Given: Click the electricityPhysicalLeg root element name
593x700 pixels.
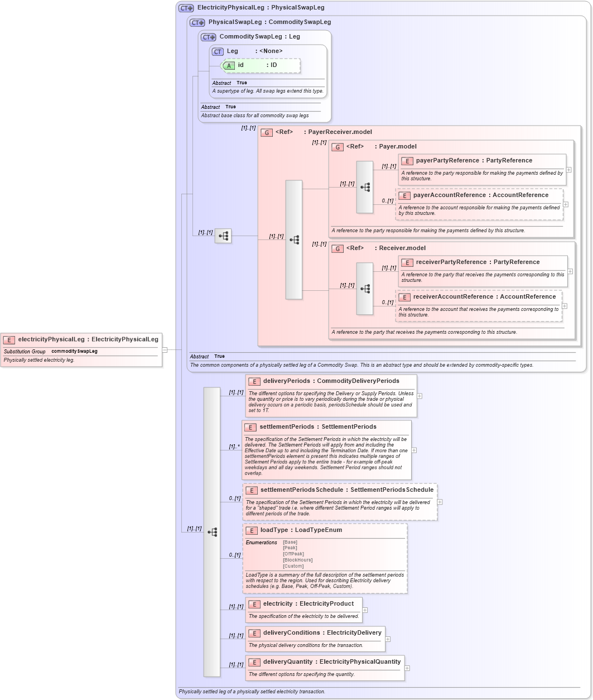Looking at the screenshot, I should [51, 339].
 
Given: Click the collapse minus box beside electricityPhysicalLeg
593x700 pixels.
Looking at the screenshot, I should [165, 350].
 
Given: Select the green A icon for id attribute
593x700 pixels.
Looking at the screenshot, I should [229, 65].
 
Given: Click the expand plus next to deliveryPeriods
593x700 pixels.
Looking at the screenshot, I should [420, 396].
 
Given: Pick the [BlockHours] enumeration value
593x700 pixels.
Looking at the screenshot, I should [297, 560].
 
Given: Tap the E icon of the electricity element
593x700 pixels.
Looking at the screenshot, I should [254, 604].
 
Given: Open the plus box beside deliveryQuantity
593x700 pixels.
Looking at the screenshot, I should [407, 668].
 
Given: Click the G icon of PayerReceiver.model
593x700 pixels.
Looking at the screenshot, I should [267, 133].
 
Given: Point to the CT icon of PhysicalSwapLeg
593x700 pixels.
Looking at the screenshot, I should [197, 22].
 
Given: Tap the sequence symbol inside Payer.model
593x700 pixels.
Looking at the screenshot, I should [365, 188].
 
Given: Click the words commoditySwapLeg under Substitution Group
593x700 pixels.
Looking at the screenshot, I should [74, 352].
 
